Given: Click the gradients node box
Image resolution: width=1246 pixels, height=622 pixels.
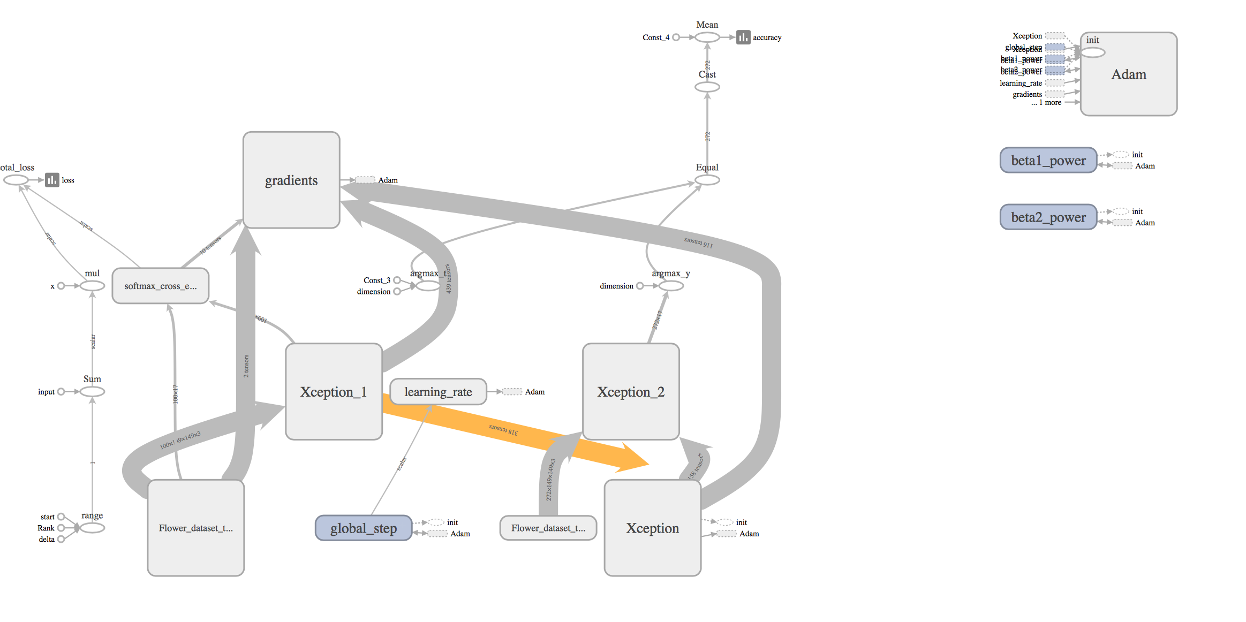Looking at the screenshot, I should coord(291,180).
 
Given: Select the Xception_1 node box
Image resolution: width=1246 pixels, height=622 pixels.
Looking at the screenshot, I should coord(334,391).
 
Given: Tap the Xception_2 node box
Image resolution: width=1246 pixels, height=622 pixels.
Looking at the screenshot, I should coord(631,391).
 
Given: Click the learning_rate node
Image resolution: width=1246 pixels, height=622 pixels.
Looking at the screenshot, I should coord(438,392).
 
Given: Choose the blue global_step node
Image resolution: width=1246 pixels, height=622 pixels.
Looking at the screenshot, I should coord(364,528).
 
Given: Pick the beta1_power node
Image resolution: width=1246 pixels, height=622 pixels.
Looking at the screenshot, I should coord(1048,160).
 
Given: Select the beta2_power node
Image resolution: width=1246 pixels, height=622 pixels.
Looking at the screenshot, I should coord(1048,217).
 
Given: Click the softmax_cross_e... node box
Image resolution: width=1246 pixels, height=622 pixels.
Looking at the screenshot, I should coord(160,286).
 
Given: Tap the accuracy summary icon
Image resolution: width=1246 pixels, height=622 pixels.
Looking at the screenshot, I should coord(743,37).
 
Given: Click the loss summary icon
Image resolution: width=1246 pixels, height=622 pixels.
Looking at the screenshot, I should coord(52,180).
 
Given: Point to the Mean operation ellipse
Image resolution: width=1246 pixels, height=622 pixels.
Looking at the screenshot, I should coord(707,37).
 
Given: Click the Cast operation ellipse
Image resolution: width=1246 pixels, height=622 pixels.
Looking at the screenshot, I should coord(707,87).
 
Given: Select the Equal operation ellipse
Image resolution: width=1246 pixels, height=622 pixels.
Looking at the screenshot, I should coord(707,180).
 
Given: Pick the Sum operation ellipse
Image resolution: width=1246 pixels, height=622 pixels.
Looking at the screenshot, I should coord(92,392).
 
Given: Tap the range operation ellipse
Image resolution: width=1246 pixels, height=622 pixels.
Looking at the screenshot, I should coord(92,528).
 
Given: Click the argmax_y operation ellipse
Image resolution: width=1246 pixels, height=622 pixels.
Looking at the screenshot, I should coord(671,286).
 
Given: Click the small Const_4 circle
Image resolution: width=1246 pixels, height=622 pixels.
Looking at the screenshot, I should coord(676,37).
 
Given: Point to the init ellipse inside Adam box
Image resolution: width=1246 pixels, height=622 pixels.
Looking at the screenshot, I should coord(1092,52).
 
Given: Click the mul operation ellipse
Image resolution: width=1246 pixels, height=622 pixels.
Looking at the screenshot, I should coord(92,286).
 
